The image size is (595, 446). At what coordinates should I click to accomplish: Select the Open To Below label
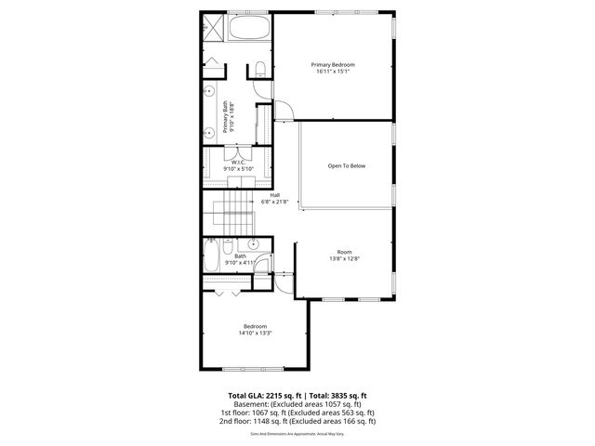[x=346, y=166]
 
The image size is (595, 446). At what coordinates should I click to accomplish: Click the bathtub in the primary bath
[x=247, y=27]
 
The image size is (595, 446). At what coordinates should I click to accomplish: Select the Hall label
[x=275, y=194]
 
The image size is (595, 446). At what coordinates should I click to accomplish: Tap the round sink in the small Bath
[x=253, y=243]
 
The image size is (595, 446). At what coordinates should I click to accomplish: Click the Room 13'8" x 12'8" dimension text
[x=344, y=258]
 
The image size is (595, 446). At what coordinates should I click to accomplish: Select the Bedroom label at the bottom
[x=255, y=325]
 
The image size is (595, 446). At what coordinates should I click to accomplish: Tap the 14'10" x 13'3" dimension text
[x=255, y=333]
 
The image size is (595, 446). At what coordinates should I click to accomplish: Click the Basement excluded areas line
[x=297, y=405]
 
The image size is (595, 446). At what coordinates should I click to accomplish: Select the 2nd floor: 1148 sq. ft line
[x=297, y=421]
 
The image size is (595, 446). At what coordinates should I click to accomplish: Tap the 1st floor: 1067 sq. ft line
[x=297, y=413]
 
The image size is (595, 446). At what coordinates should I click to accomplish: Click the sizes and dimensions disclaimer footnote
[x=297, y=433]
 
